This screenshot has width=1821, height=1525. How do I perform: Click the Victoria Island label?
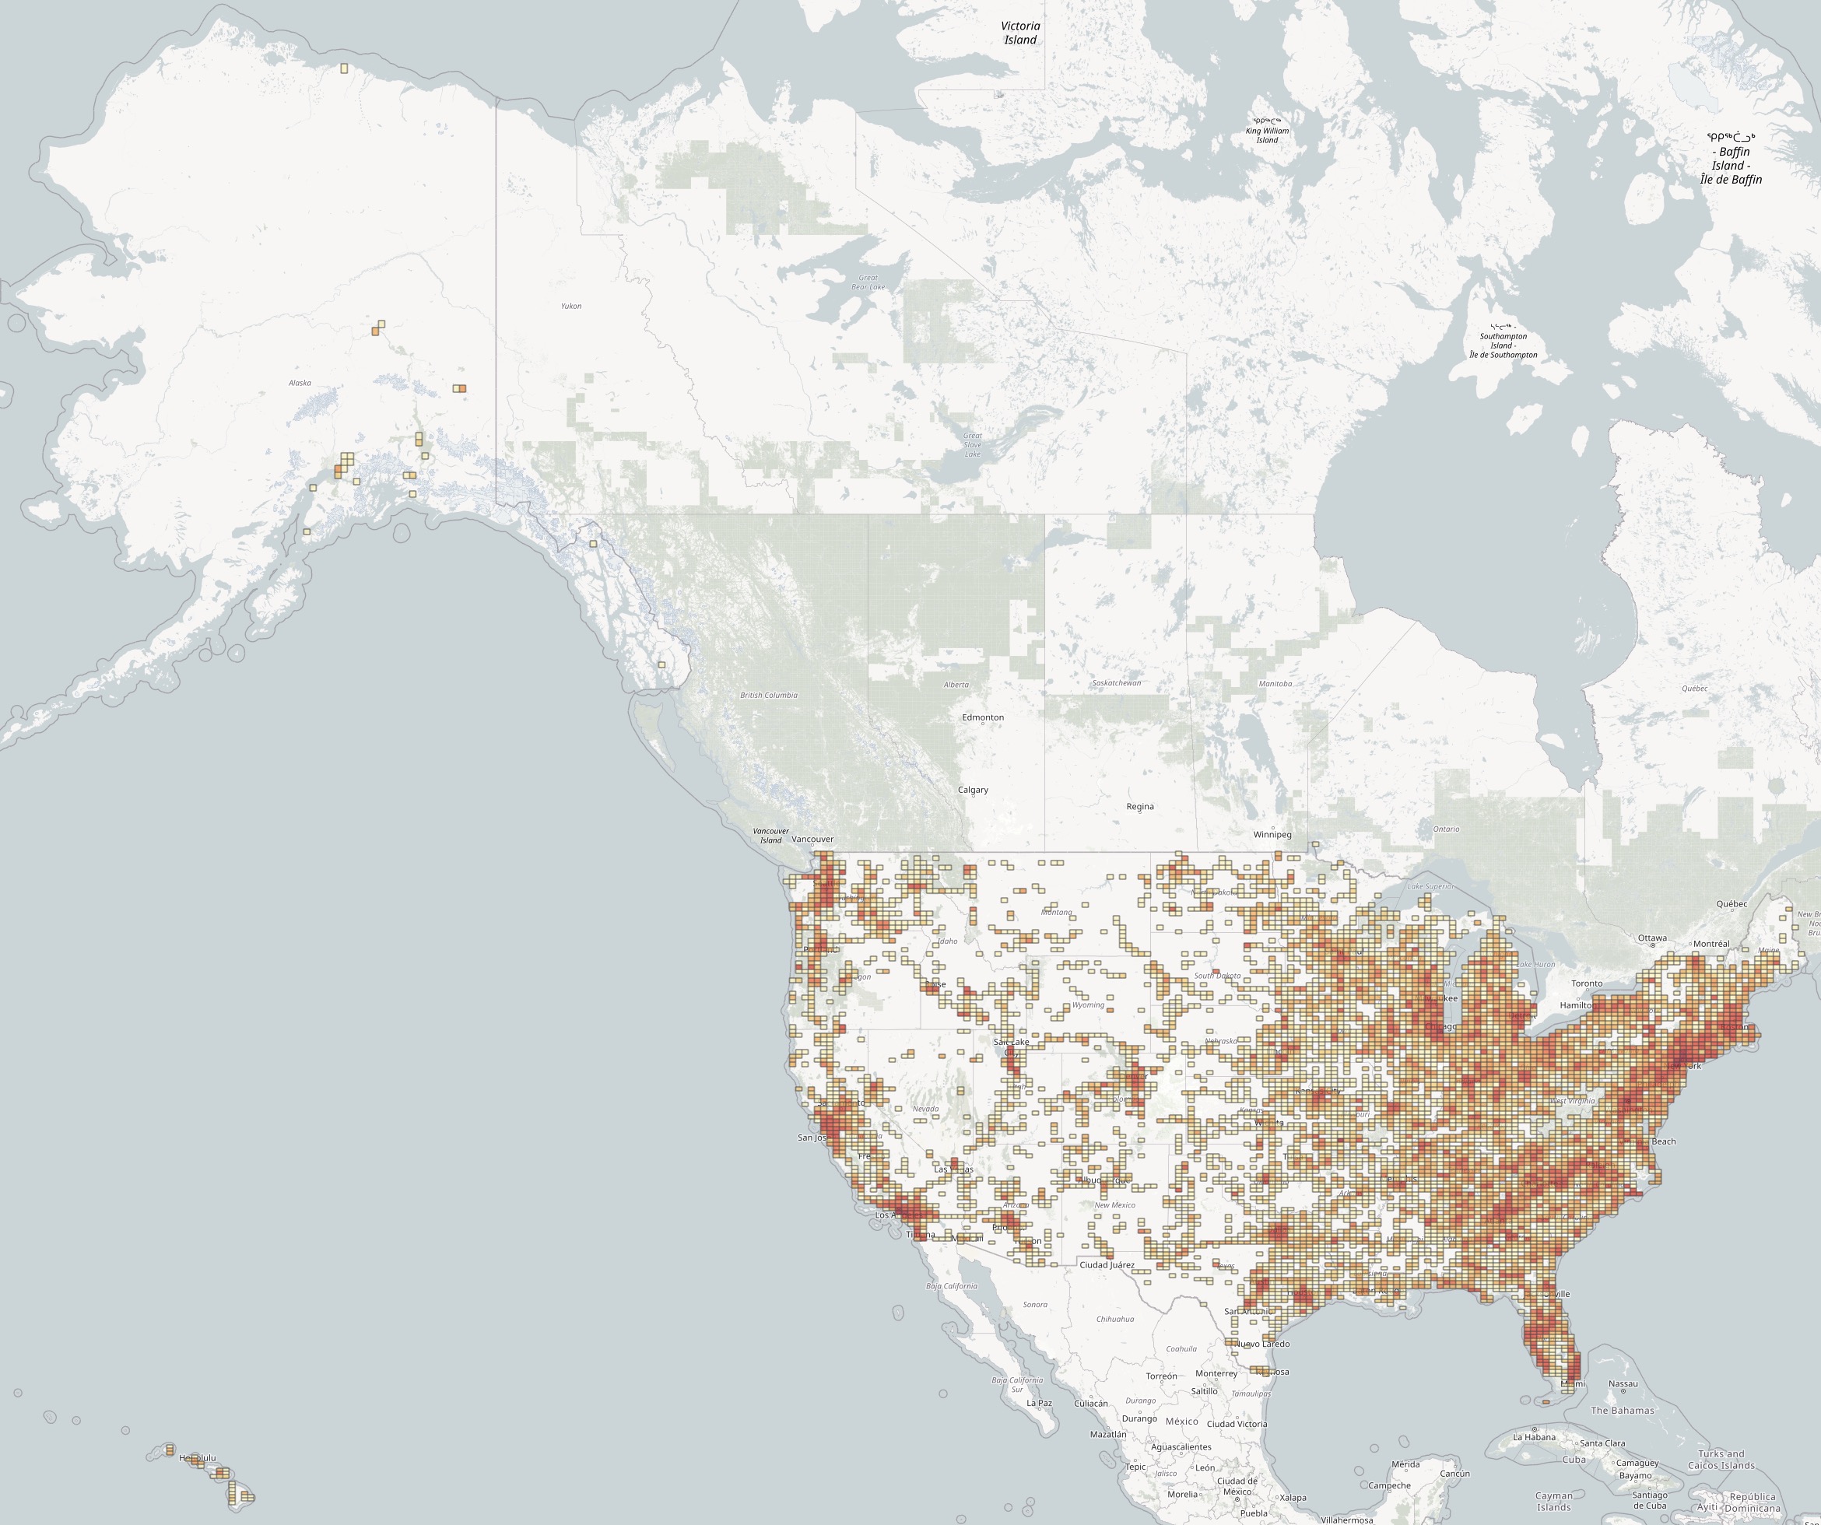click(1021, 33)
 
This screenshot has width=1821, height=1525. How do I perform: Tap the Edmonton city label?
click(982, 717)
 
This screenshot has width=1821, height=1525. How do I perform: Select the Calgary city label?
click(973, 790)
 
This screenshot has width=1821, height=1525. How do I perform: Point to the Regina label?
click(1139, 806)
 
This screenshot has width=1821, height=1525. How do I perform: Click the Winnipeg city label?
click(1272, 835)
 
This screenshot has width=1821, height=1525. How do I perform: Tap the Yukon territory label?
click(571, 306)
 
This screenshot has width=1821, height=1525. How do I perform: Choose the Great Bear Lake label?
click(868, 282)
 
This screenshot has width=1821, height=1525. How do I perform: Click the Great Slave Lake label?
click(973, 445)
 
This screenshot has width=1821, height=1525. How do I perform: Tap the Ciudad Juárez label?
click(1107, 1265)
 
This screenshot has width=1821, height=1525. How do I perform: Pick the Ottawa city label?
click(1652, 938)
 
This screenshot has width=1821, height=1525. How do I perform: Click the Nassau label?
click(1623, 1383)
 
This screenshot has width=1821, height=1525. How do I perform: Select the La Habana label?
click(1535, 1436)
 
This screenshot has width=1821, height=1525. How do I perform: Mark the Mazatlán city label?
click(1107, 1434)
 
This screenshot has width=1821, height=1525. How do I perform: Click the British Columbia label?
click(768, 696)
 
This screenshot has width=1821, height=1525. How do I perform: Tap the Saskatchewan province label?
click(1116, 683)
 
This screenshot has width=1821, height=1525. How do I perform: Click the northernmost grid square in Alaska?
click(344, 68)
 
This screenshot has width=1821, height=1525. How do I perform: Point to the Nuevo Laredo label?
click(1261, 1344)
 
